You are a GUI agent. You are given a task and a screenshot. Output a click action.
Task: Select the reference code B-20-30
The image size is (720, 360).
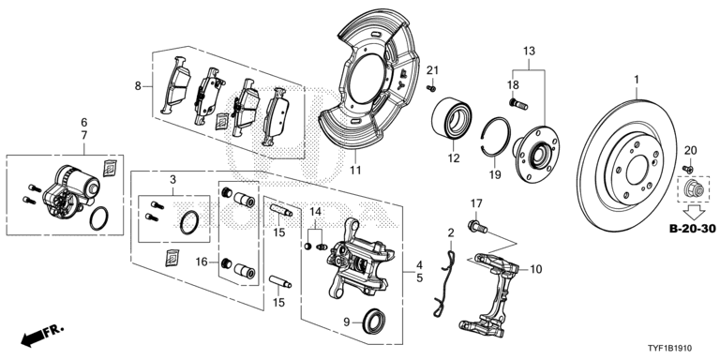pos(690,228)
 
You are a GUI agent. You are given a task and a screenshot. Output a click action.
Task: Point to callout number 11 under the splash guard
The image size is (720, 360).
pos(355,171)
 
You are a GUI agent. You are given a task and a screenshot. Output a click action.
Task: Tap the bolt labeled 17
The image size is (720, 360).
pos(475,224)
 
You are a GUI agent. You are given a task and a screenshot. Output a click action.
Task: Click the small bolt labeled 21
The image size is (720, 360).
pos(430,88)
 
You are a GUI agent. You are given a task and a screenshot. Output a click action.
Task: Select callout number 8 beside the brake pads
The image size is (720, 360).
pos(137,85)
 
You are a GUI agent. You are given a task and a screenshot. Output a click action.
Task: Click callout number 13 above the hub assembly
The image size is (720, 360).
pos(528,50)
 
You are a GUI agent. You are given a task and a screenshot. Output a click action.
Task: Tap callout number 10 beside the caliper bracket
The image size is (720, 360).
pos(536,269)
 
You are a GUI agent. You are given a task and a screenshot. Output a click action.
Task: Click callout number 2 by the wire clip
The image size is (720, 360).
pos(451,233)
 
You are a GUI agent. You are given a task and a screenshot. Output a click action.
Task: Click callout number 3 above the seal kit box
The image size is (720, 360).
pos(172,178)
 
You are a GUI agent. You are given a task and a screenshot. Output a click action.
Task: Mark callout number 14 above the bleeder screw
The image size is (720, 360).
pos(316,213)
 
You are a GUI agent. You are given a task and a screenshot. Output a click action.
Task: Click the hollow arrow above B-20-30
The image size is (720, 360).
pos(690,209)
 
